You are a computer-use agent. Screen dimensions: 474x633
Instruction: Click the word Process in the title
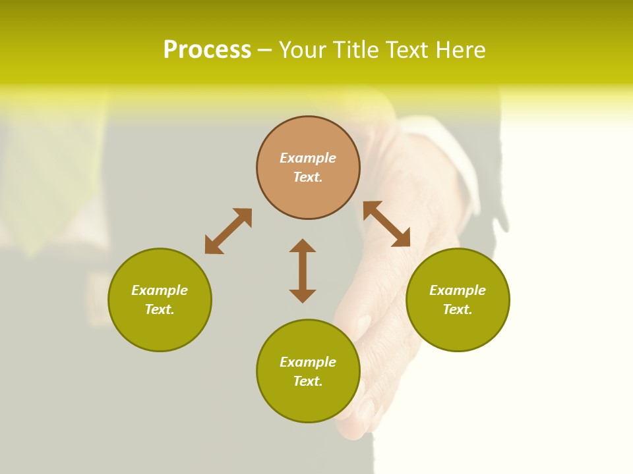[207, 50]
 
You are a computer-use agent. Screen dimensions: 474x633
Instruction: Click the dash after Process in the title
[264, 51]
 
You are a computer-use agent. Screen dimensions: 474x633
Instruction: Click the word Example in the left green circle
[160, 290]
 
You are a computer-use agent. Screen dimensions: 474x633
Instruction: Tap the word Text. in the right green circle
[458, 309]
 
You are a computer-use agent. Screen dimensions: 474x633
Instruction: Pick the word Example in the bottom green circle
[308, 362]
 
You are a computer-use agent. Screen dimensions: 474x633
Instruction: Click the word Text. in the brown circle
[308, 177]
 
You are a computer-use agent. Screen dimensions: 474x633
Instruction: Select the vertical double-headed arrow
[303, 271]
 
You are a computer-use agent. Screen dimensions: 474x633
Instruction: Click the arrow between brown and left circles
[228, 231]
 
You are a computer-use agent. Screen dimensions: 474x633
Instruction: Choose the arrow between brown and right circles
[386, 224]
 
